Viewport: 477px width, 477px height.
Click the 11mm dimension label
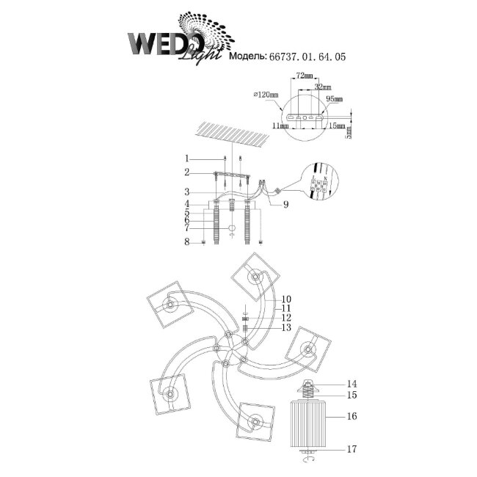[280, 126]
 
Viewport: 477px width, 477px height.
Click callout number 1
[187, 158]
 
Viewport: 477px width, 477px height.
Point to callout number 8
[187, 241]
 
